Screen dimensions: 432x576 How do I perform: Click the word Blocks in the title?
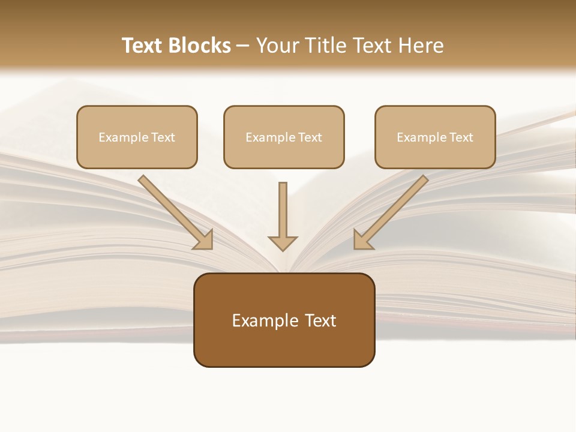tap(199, 46)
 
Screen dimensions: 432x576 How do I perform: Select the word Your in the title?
tap(277, 46)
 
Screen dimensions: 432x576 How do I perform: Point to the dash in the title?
tap(243, 46)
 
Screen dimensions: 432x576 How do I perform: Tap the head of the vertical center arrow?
tap(283, 242)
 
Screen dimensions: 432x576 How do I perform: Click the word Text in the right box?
tap(461, 137)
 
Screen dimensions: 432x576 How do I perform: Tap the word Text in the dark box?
tap(321, 320)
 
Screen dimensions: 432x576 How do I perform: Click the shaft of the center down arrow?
tap(283, 207)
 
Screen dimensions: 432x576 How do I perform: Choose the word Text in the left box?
tap(163, 137)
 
